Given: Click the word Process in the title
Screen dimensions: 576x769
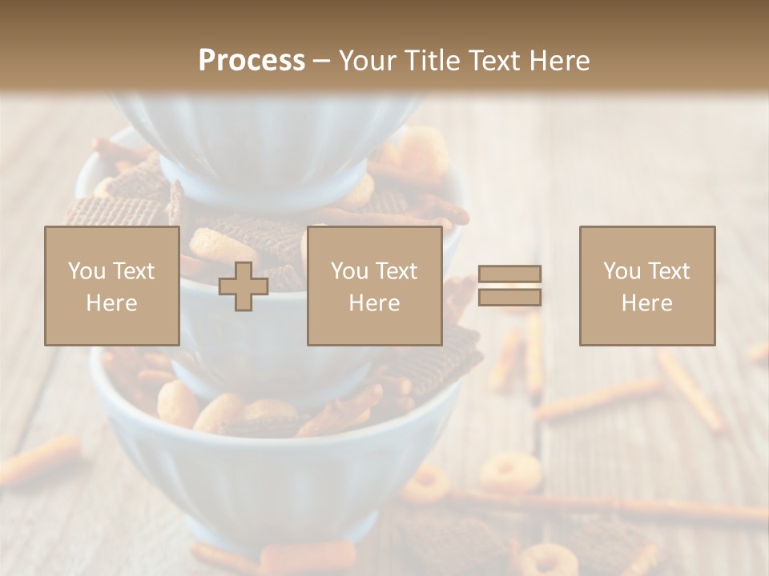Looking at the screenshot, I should [252, 60].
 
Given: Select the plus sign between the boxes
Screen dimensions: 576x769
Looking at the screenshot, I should [244, 286].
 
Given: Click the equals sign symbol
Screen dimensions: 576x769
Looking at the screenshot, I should [509, 286].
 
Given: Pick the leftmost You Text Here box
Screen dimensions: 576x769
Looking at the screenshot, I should [112, 286].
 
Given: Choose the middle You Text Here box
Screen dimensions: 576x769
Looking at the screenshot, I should [374, 286].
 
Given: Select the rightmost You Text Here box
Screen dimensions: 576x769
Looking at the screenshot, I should [647, 286].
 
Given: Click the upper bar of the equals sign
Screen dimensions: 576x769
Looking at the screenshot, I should [509, 274].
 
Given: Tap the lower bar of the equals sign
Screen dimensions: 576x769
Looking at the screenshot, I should [509, 298].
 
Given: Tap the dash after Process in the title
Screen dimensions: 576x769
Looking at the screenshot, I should [322, 61].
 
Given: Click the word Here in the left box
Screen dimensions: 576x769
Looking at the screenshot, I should [112, 303].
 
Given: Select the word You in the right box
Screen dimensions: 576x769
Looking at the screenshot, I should [622, 271].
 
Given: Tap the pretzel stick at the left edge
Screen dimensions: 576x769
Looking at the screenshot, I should [40, 460].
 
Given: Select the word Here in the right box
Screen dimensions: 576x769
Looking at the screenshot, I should [647, 303].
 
